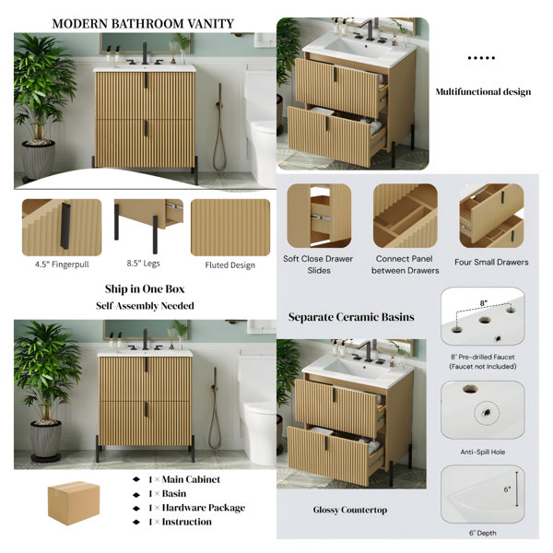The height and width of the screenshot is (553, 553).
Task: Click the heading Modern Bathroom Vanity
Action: [x=143, y=24]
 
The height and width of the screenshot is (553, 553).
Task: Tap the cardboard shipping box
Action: [x=74, y=503]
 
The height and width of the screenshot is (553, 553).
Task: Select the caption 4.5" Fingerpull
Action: [x=62, y=265]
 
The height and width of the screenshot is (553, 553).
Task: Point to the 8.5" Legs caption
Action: [x=143, y=264]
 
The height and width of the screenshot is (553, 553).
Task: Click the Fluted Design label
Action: [x=229, y=265]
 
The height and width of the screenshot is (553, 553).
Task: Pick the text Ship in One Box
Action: [x=145, y=288]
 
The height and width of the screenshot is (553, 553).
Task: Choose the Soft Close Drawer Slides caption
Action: [x=318, y=265]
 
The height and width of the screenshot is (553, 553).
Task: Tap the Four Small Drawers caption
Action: [x=491, y=262]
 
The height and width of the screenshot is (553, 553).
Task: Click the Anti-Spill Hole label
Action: [x=482, y=452]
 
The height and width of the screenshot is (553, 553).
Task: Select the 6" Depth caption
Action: [x=482, y=533]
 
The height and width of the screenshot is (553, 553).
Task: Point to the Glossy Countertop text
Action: [x=350, y=510]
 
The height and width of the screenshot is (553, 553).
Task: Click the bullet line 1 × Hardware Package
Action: [x=197, y=508]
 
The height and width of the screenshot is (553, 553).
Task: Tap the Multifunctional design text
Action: [x=483, y=91]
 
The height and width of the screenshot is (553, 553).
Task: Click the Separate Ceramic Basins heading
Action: [x=351, y=317]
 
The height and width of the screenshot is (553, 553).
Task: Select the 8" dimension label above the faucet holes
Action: [x=483, y=303]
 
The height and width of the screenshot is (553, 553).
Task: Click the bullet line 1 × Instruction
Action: [x=180, y=522]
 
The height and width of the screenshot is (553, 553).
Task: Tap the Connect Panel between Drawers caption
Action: [x=405, y=265]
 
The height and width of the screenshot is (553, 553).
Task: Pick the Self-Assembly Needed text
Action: [x=145, y=306]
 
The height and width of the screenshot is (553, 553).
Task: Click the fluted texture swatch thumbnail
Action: [x=230, y=228]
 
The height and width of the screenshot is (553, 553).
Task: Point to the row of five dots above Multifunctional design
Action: [x=481, y=58]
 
